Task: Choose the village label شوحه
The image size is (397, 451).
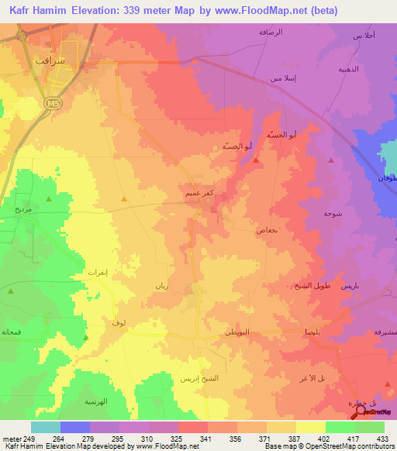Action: (333, 213)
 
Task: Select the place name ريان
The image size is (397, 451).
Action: (161, 286)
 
